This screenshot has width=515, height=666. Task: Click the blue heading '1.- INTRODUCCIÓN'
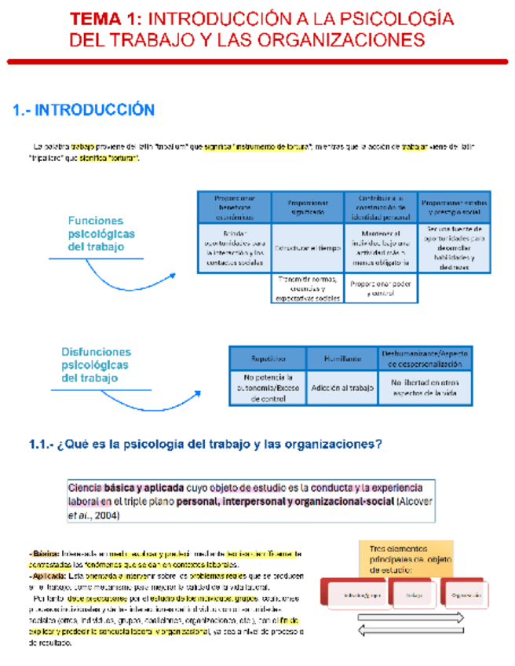[84, 111]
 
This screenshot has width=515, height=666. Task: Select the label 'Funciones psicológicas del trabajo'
[101, 234]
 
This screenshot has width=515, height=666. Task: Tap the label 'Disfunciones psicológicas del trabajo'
[97, 365]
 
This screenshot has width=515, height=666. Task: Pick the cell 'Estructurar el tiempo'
[308, 247]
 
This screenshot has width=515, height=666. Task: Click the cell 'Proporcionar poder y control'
[380, 288]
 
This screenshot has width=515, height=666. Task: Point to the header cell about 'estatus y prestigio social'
[453, 206]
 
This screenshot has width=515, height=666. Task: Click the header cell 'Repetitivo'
[268, 358]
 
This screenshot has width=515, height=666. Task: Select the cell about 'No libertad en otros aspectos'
[425, 387]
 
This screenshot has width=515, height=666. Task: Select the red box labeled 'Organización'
[466, 595]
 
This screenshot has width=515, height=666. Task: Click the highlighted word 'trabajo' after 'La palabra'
[86, 146]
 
